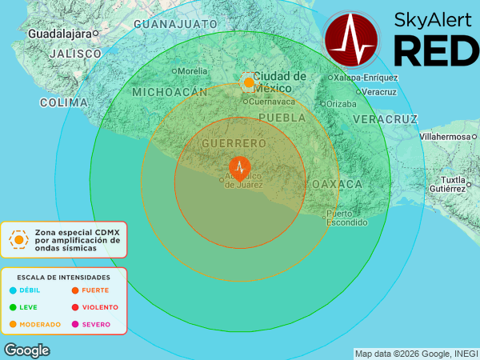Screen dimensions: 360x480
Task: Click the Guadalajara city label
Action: click(x=59, y=34)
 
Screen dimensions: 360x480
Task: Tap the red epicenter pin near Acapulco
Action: click(x=239, y=167)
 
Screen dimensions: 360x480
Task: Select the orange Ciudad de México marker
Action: click(x=249, y=82)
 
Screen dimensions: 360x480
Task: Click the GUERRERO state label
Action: click(x=234, y=143)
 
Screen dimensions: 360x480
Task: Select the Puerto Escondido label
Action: click(x=346, y=218)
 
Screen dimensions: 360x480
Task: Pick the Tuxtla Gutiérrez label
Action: click(x=452, y=183)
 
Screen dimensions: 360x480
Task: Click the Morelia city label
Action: click(x=192, y=71)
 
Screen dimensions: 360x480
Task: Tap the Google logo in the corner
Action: click(x=27, y=350)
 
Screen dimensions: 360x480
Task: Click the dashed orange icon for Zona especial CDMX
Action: click(x=18, y=238)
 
